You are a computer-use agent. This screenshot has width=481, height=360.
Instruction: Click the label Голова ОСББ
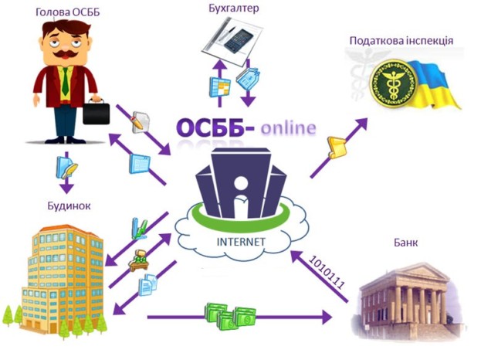pos(67,11)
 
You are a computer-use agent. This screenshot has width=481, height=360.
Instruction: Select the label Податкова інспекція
pos(401,40)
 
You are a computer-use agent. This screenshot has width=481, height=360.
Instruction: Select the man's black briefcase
pos(97,114)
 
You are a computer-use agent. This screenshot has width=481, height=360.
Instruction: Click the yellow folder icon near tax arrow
pos(337,147)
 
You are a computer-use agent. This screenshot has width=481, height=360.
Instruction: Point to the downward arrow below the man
pos(66,185)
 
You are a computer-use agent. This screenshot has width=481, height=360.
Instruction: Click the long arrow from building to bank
pos(239,318)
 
